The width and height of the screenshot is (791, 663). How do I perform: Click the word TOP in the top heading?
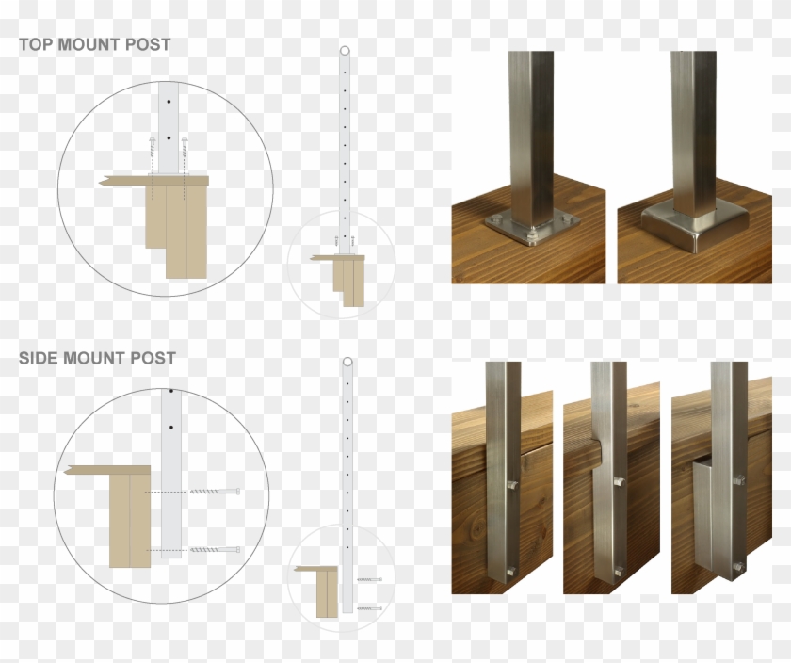(36, 44)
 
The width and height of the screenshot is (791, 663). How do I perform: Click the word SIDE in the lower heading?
(39, 358)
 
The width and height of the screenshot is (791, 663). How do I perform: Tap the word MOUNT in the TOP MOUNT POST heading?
(89, 44)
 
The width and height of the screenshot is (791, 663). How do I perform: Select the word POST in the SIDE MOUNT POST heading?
(153, 358)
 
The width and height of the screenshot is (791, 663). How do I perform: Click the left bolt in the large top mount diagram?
(152, 155)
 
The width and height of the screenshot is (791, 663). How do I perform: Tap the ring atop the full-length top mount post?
(345, 51)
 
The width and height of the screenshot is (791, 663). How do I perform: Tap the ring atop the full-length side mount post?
(347, 363)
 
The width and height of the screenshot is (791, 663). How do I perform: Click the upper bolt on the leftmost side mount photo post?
(512, 486)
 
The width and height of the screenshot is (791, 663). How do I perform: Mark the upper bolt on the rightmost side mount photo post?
(740, 480)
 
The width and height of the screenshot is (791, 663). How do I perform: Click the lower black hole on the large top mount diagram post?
(169, 137)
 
